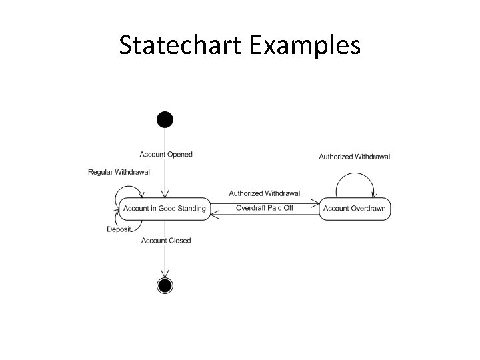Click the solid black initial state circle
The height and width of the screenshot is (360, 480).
tap(165, 120)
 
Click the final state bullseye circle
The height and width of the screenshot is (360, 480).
tap(165, 285)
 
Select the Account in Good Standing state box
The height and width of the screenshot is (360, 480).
tap(165, 209)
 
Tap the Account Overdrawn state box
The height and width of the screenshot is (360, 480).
tap(354, 209)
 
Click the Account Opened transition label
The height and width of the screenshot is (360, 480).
tap(166, 155)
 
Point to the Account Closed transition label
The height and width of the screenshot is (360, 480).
tap(166, 241)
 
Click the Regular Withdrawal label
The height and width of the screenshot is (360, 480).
tap(119, 172)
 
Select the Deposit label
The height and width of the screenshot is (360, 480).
tap(119, 230)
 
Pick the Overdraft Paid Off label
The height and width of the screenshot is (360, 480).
tap(265, 208)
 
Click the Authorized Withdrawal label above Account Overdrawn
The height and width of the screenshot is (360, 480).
tap(354, 157)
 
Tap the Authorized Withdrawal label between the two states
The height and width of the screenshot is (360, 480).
tap(265, 193)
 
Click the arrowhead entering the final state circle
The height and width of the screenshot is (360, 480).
tap(165, 273)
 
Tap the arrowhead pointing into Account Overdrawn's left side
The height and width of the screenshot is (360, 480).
tap(316, 203)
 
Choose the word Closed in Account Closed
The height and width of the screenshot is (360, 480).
tap(179, 241)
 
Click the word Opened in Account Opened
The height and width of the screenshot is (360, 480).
tap(180, 155)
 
